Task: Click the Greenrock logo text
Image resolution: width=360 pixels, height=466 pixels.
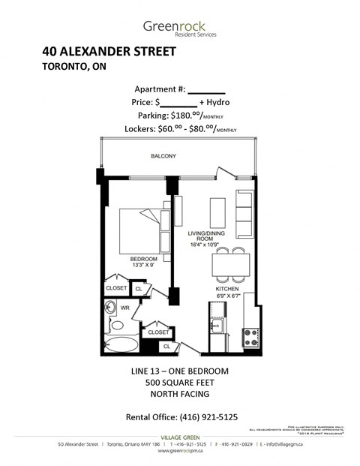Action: point(179,28)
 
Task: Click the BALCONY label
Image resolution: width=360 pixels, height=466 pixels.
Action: point(161,156)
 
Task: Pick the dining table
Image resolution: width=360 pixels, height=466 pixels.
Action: point(229,265)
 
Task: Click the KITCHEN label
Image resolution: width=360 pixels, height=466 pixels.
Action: point(226,289)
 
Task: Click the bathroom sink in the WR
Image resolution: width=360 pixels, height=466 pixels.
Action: point(110,307)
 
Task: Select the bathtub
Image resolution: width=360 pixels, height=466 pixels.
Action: point(120,346)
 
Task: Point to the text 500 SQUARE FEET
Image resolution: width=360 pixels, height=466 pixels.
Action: point(180,383)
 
